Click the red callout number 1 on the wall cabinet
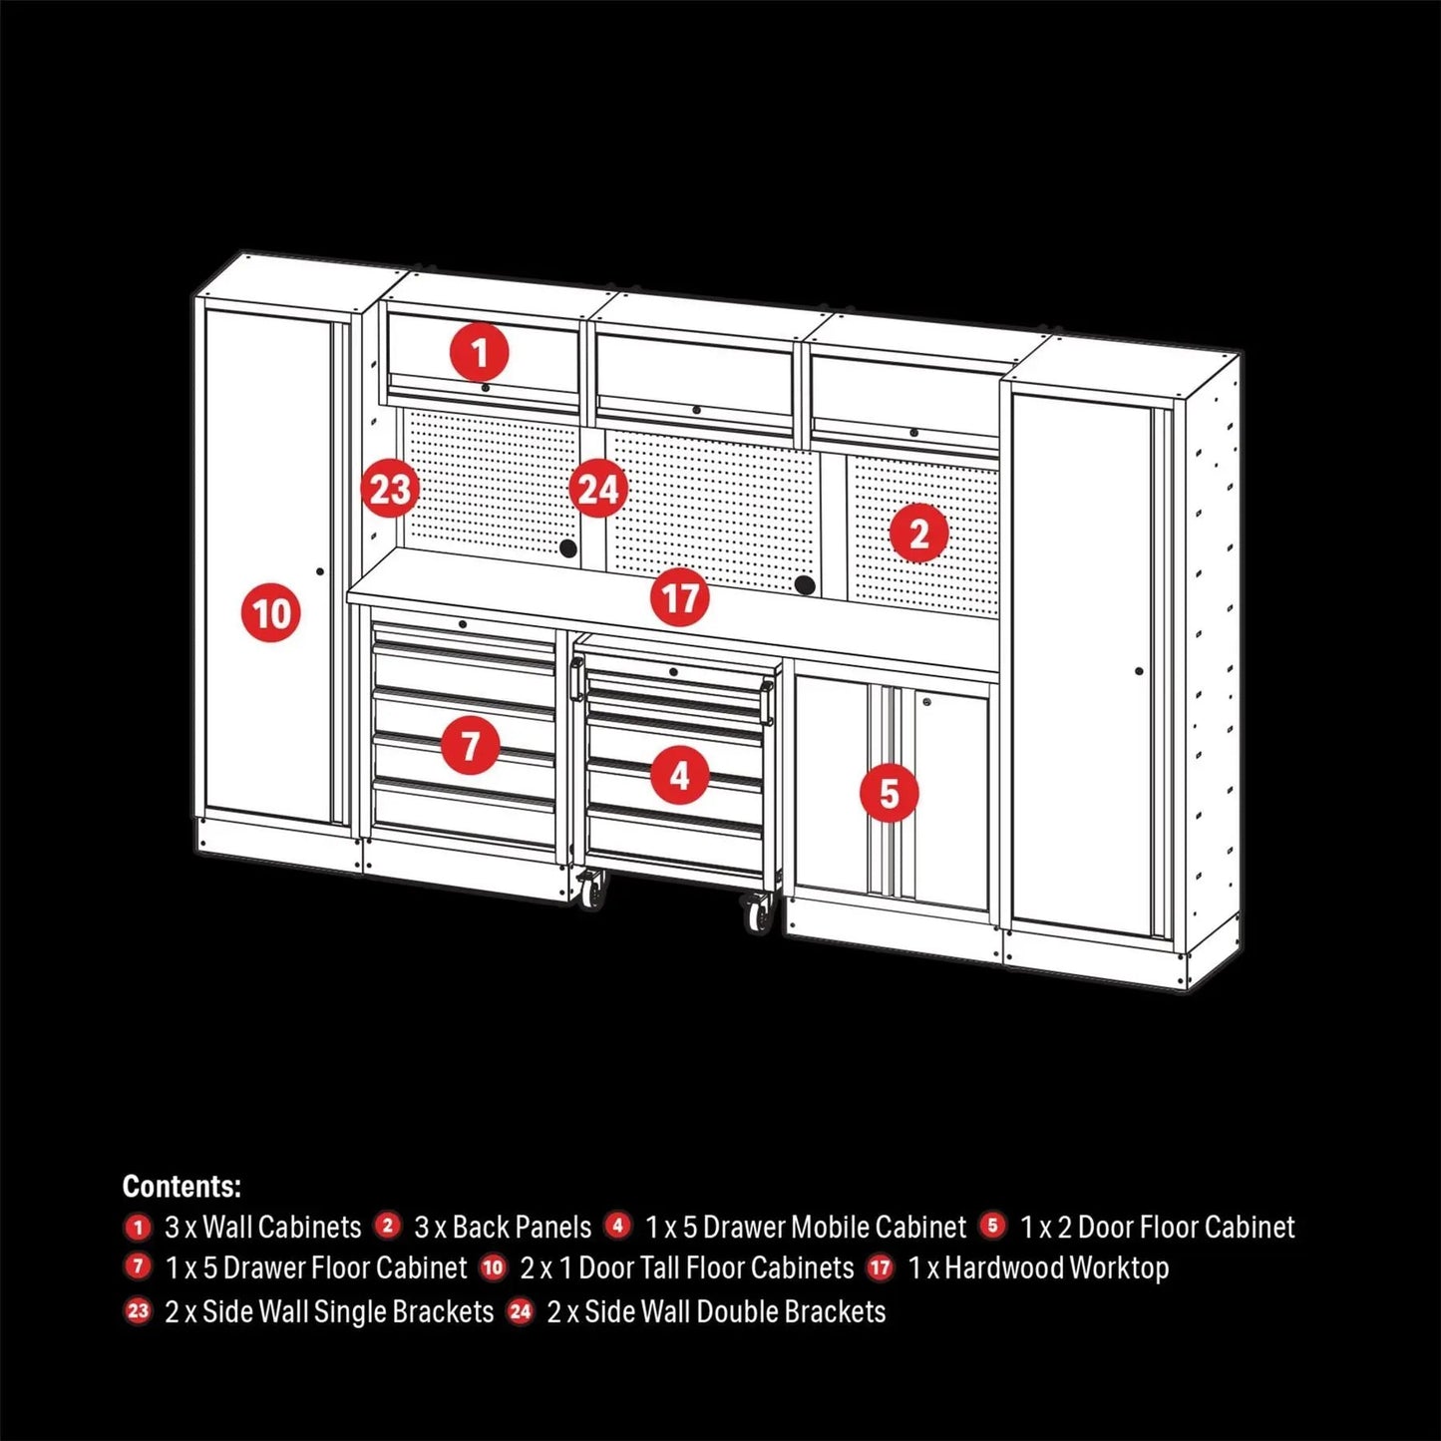tap(480, 353)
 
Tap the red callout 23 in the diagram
tap(390, 490)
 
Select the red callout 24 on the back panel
tap(598, 490)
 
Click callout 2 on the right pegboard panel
tap(918, 534)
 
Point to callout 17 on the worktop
tap(680, 598)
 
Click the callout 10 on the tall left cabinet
tap(271, 612)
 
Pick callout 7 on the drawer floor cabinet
tap(470, 744)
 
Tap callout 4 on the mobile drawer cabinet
tap(680, 774)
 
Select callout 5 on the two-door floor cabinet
tap(889, 794)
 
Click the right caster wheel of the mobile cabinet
tap(758, 912)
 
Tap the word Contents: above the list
tap(181, 1186)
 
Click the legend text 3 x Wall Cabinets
tap(262, 1227)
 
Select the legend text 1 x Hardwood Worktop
tap(1037, 1267)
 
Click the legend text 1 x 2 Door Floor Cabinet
tap(1157, 1227)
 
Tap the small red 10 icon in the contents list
tap(494, 1267)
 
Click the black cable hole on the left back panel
tap(567, 548)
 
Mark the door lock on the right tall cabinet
tap(1139, 670)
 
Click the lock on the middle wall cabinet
tap(696, 410)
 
